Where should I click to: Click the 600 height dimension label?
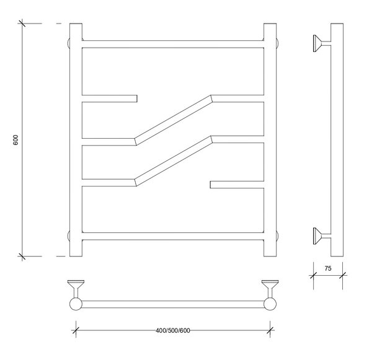pos(15,140)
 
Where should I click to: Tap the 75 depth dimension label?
pos(328,268)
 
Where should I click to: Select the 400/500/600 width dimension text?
pos(173,331)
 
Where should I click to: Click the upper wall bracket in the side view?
pos(321,43)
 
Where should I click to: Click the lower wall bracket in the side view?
pos(321,236)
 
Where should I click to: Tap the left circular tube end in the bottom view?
pos(76,304)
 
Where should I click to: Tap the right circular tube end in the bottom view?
pos(270,304)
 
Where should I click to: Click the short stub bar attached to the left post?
pos(109,99)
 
